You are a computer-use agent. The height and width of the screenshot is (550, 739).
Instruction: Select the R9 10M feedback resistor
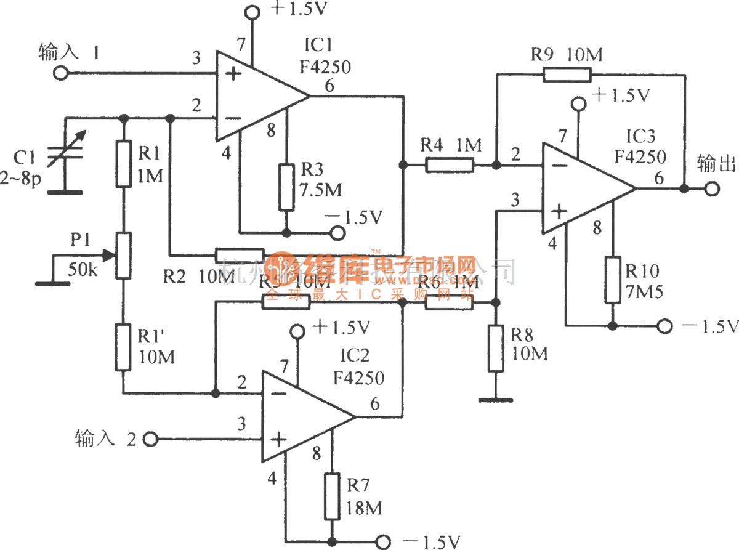pyautogui.click(x=567, y=75)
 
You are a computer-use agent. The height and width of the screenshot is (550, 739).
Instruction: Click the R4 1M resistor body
pyautogui.click(x=450, y=164)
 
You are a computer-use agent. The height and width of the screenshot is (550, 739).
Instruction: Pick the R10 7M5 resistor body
pyautogui.click(x=612, y=280)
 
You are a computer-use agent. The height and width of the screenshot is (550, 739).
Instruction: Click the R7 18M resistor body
pyautogui.click(x=332, y=496)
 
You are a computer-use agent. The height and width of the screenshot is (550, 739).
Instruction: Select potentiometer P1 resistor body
pyautogui.click(x=123, y=254)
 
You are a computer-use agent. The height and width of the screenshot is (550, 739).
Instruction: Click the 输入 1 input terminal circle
pyautogui.click(x=61, y=73)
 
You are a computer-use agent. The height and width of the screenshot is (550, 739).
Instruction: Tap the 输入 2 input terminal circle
pyautogui.click(x=150, y=439)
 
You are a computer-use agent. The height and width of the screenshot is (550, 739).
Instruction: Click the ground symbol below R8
pyautogui.click(x=496, y=400)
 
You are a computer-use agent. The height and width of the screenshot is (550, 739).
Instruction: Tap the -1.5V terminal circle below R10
pyautogui.click(x=665, y=325)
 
